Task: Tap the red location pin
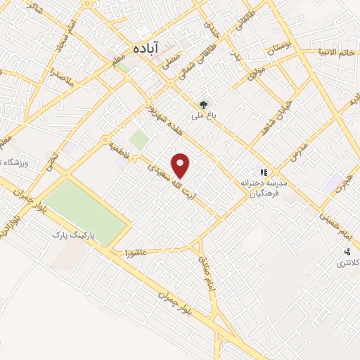181,166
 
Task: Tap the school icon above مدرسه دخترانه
264,171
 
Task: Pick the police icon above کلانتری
347,251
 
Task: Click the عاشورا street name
134,252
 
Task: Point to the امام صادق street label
208,266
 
